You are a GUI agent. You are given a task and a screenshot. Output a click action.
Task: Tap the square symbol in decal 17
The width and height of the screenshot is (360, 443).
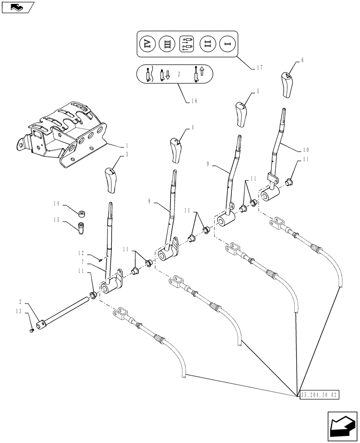[187, 44]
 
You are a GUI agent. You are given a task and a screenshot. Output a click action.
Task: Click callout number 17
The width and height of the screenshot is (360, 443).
[259, 68]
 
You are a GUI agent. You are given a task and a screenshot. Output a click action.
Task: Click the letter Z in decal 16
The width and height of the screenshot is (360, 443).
[178, 74]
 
